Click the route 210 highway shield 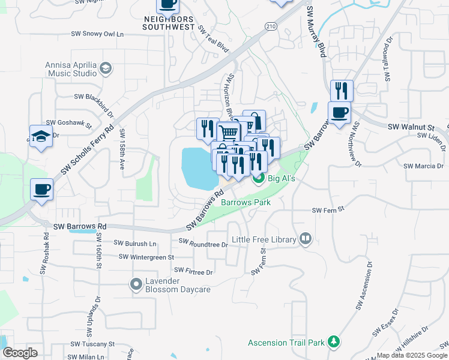coord(270,26)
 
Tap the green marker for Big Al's coord(258,178)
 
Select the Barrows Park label coord(246,202)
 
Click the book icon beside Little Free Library coord(306,239)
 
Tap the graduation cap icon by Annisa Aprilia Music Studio coord(107,67)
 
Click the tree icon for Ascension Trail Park coord(334,343)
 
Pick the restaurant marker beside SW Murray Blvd coord(342,91)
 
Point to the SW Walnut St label coord(411,127)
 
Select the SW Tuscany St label coord(92,344)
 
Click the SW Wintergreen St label coord(146,257)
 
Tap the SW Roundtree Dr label coord(203,244)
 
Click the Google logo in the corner coord(20,353)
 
